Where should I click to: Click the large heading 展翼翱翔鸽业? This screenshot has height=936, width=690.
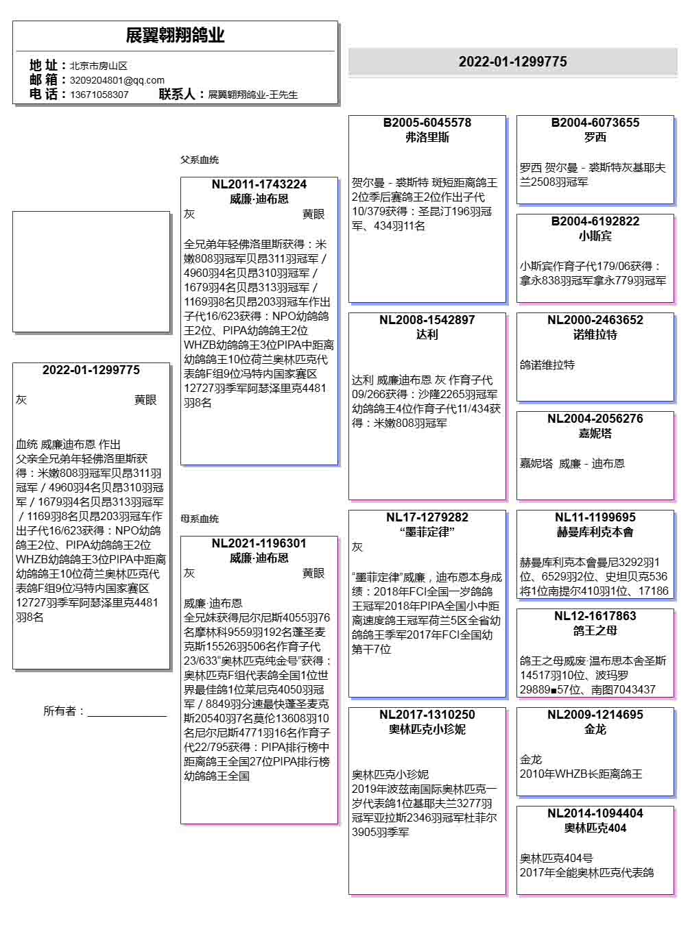click(175, 36)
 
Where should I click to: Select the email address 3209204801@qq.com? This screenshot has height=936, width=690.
click(117, 80)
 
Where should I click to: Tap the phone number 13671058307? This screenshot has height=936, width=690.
click(99, 95)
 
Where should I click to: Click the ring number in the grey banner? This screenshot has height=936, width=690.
click(512, 62)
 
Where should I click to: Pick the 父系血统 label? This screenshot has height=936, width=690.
click(200, 160)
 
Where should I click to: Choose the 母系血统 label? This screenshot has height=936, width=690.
click(200, 519)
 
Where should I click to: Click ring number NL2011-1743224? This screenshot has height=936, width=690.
click(259, 184)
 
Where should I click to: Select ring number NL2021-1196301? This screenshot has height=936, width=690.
click(259, 543)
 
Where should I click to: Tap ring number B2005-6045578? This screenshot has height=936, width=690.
click(427, 123)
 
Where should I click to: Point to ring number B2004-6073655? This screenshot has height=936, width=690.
click(595, 123)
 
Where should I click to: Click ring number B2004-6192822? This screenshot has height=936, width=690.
click(595, 221)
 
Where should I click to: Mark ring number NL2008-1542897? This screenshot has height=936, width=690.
click(427, 320)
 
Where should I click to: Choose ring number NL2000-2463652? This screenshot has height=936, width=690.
click(595, 320)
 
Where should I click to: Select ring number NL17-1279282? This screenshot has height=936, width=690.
click(427, 517)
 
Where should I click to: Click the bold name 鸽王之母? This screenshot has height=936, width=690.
click(595, 630)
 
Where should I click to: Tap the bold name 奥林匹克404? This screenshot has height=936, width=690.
click(595, 828)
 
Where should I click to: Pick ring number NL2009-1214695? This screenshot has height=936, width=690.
click(595, 715)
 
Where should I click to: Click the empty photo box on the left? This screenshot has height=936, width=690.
click(91, 271)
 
